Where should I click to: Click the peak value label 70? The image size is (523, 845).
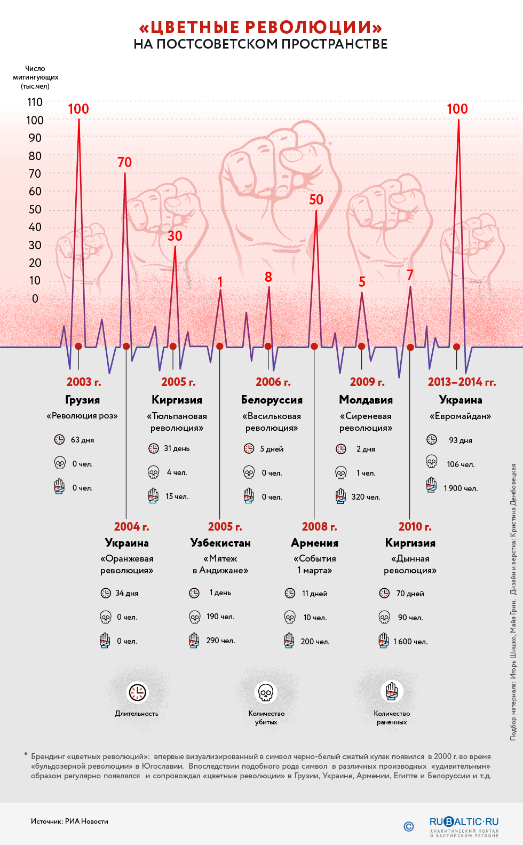pyautogui.click(x=124, y=162)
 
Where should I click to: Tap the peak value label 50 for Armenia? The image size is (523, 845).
pyautogui.click(x=316, y=200)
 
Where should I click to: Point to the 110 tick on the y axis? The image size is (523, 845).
pyautogui.click(x=35, y=102)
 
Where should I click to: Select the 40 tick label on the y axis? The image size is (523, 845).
pyautogui.click(x=35, y=227)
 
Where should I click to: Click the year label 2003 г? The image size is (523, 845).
pyautogui.click(x=83, y=382)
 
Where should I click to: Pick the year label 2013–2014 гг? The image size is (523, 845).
pyautogui.click(x=462, y=382)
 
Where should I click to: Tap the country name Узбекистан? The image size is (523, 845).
pyautogui.click(x=220, y=543)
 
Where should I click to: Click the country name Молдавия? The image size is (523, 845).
pyautogui.click(x=366, y=400)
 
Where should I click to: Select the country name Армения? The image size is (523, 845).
pyautogui.click(x=314, y=543)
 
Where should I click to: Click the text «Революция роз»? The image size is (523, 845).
pyautogui.click(x=82, y=416)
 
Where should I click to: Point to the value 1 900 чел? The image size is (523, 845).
pyautogui.click(x=461, y=488)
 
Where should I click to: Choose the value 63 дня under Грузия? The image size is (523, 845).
pyautogui.click(x=82, y=440)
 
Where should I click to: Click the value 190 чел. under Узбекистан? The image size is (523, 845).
pyautogui.click(x=220, y=617)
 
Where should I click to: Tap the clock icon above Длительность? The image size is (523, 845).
pyautogui.click(x=137, y=692)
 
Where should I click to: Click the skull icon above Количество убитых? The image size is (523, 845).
pyautogui.click(x=266, y=692)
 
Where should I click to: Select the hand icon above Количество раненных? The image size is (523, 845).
pyautogui.click(x=392, y=692)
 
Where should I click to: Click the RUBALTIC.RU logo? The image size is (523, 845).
pyautogui.click(x=464, y=822)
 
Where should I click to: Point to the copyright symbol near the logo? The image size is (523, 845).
pyautogui.click(x=409, y=826)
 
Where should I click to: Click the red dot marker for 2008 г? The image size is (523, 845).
pyautogui.click(x=314, y=346)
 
